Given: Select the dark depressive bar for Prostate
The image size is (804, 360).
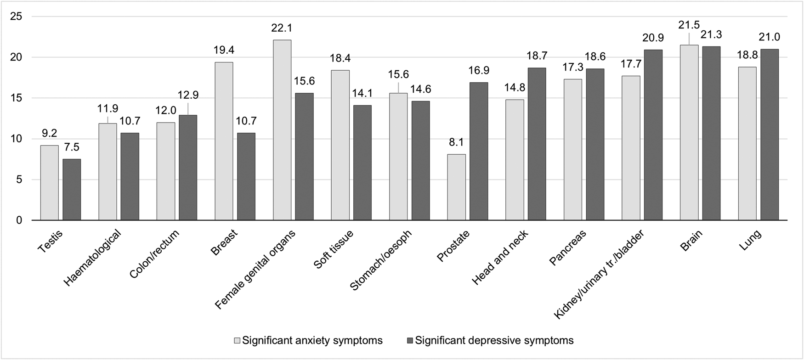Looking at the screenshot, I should (x=478, y=152).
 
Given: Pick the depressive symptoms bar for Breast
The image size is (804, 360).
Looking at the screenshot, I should (x=246, y=177).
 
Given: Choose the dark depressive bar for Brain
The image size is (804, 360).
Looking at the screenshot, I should (x=711, y=133).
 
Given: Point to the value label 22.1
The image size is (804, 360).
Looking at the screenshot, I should (x=282, y=28).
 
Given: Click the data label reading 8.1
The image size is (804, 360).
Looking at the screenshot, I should (x=456, y=142).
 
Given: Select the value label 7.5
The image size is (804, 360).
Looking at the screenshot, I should (x=72, y=147).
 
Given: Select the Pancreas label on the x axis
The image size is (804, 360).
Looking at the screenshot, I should (x=568, y=248).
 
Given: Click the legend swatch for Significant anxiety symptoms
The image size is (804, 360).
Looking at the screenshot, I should (x=238, y=341).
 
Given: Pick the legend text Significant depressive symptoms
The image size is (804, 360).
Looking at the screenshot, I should (x=494, y=341).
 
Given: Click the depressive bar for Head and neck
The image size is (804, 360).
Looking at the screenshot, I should (x=537, y=144).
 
